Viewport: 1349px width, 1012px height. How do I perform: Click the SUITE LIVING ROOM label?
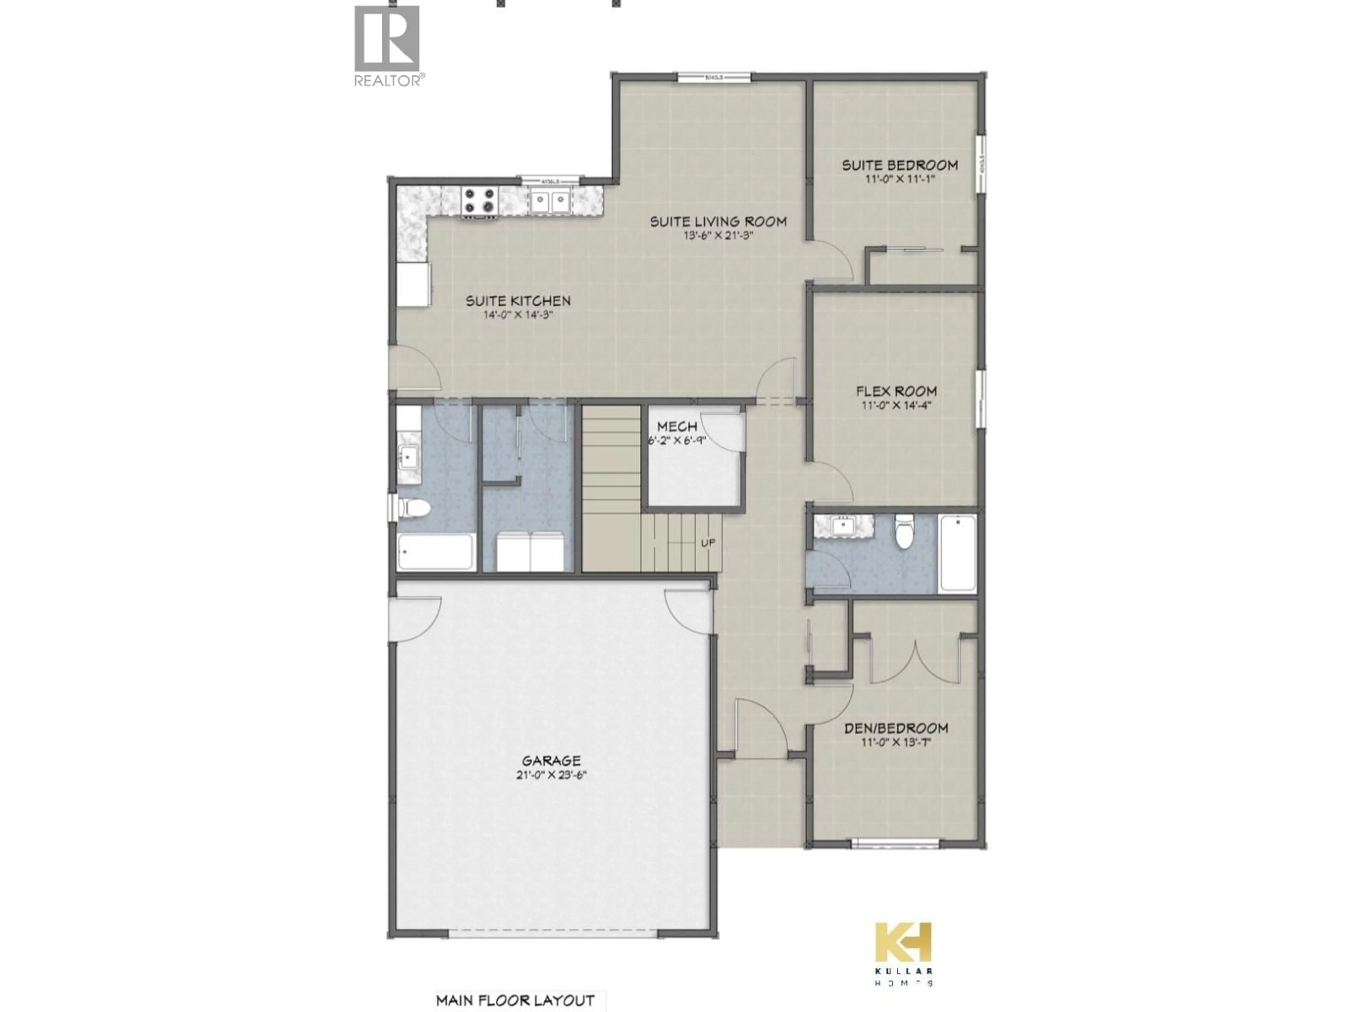coord(718,221)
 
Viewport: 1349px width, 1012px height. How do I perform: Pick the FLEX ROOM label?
coord(896,391)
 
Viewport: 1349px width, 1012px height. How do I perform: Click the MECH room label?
coord(677,426)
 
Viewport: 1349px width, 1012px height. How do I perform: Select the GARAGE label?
coord(551,761)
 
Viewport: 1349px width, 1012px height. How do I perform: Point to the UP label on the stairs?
coord(708,542)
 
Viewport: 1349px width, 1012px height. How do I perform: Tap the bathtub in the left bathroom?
coord(436,552)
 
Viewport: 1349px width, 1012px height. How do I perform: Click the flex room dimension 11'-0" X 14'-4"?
coord(896,406)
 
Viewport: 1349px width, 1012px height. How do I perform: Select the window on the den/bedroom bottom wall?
coord(895,844)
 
